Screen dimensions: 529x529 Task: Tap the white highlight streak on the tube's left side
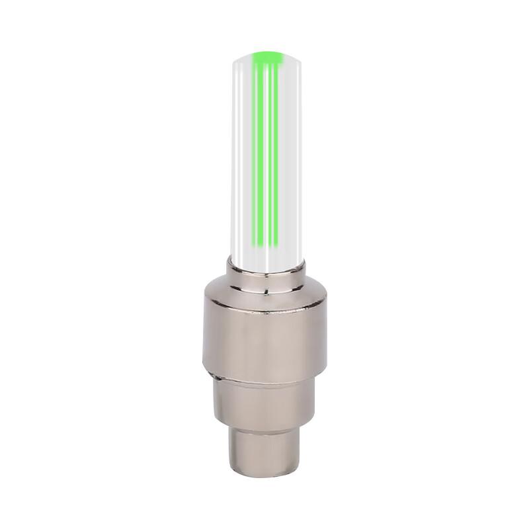point(241,159)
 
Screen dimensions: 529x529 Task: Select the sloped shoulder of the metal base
point(264,294)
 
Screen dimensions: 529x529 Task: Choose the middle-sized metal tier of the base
point(264,400)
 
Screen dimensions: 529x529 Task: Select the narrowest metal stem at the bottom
point(264,450)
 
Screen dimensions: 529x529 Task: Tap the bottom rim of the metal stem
point(264,475)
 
